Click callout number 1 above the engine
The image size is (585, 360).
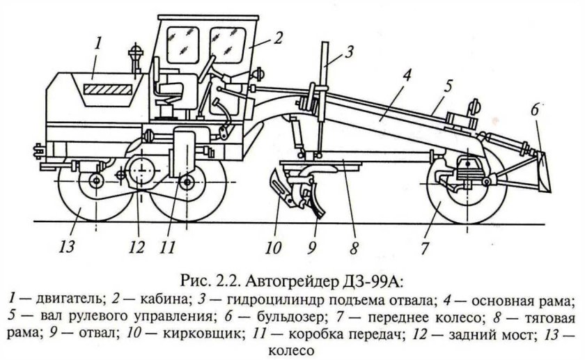pos(99,44)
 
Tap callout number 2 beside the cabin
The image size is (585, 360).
pos(277,38)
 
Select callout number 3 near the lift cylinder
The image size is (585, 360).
pos(350,49)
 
